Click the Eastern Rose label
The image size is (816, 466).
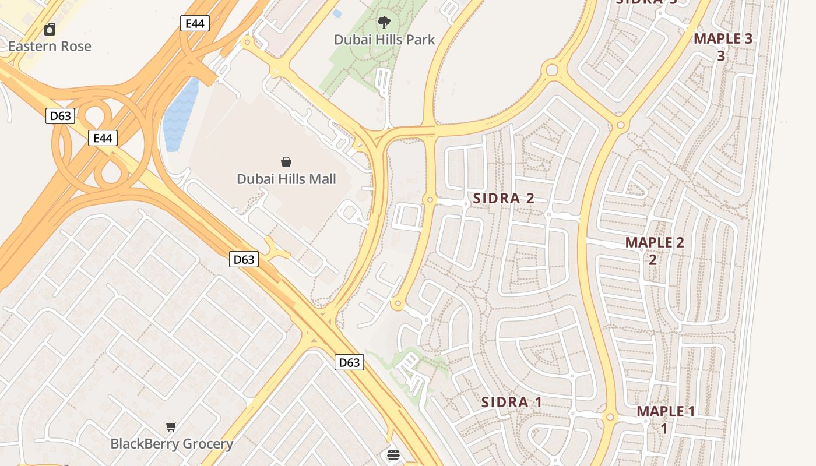click(50, 46)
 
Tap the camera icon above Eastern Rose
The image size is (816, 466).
click(50, 29)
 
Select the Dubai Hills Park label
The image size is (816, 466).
click(384, 40)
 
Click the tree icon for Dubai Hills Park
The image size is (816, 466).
click(384, 23)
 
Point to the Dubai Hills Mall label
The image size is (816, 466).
click(286, 179)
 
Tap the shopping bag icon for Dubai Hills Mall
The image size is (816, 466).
click(286, 161)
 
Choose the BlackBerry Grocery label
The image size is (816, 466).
click(171, 444)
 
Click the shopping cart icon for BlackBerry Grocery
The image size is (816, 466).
click(171, 427)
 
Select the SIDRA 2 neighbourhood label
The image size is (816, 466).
click(504, 198)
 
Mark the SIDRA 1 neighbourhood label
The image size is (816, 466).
click(512, 402)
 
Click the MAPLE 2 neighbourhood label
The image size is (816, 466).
click(655, 243)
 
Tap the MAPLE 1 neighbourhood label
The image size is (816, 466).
click(666, 412)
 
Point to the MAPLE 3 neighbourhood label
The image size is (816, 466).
click(723, 39)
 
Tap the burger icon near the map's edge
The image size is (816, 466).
click(393, 455)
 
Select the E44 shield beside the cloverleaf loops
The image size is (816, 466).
click(103, 138)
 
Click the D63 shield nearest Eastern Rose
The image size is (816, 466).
click(60, 116)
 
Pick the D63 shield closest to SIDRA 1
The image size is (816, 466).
click(349, 362)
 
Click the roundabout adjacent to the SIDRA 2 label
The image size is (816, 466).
click(430, 200)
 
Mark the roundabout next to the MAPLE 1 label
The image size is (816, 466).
click(610, 418)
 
